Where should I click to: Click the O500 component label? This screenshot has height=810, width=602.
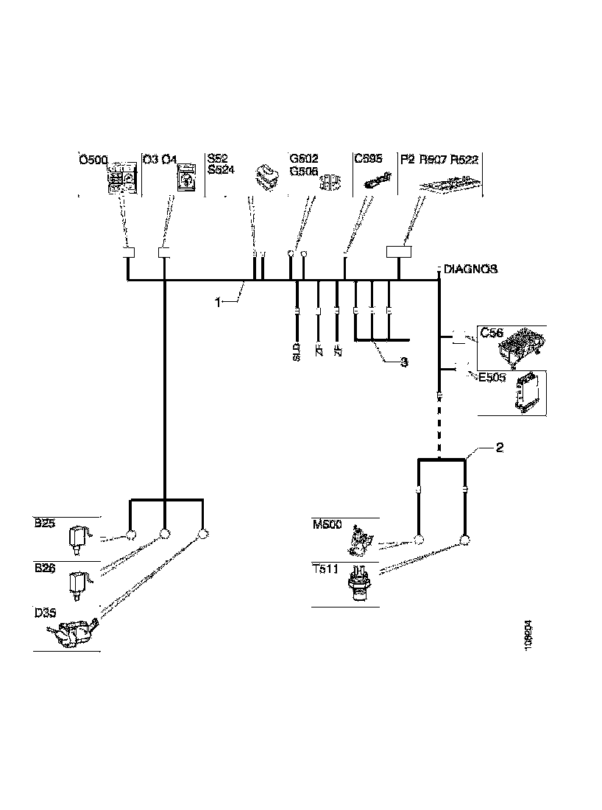coord(93,158)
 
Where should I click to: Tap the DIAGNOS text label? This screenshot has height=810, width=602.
coord(470,269)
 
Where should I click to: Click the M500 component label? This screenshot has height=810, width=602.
coord(326,524)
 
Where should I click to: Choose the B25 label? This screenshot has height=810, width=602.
coord(46,524)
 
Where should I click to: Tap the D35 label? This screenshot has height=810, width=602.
coord(46,612)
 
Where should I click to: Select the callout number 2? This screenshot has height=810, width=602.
coord(499,448)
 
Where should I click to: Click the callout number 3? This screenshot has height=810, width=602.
coord(404,362)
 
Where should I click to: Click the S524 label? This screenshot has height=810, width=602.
coord(221,170)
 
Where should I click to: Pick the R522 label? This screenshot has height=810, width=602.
coord(464,158)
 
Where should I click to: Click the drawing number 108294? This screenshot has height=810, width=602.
coord(529,633)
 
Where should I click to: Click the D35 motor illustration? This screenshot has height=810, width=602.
coord(72,633)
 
